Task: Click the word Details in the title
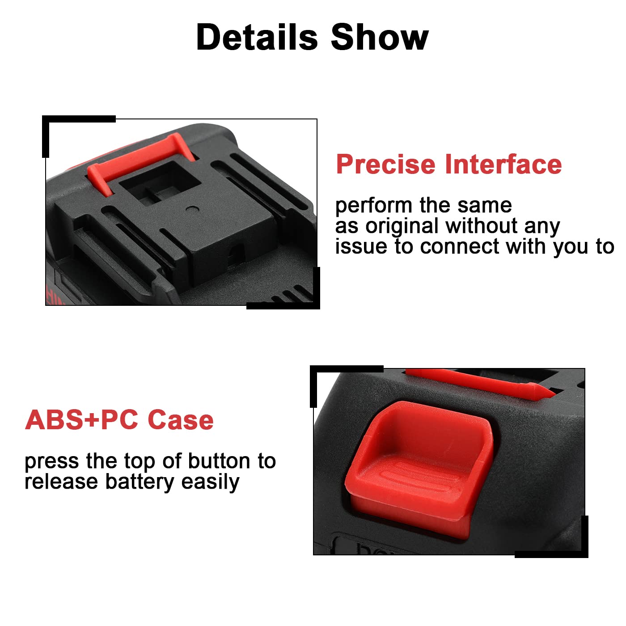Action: [x=257, y=38]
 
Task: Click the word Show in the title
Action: [x=380, y=38]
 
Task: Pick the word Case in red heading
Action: [x=181, y=420]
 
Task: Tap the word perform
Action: [x=373, y=206]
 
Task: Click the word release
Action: [x=61, y=482]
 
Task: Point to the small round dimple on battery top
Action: [x=192, y=208]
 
